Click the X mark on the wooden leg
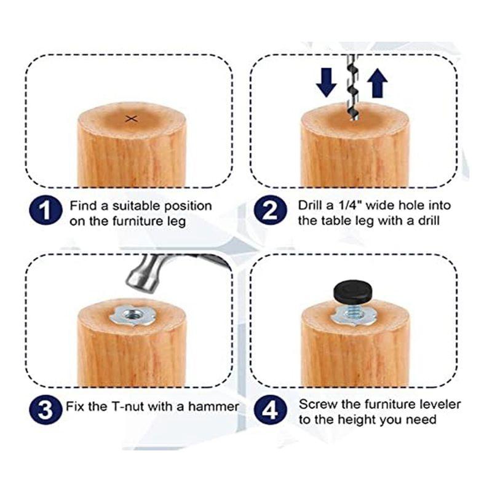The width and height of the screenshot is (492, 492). pos(130,119)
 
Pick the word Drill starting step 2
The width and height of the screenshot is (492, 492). pos(311,205)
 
